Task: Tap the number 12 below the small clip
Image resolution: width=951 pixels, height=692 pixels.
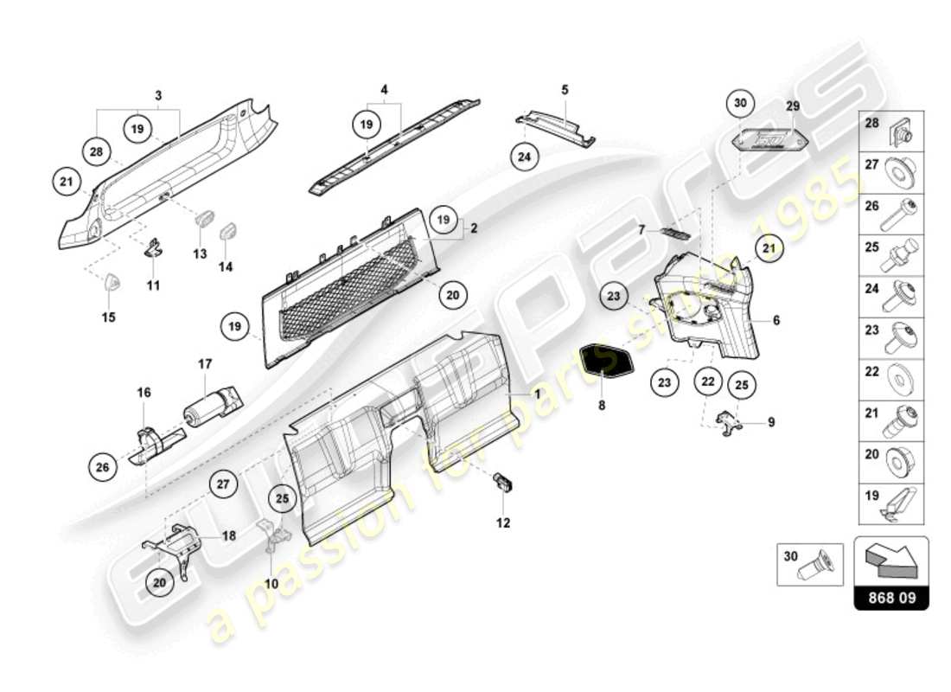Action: pyautogui.click(x=503, y=522)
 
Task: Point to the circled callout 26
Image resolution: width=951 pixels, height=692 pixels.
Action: pyautogui.click(x=103, y=468)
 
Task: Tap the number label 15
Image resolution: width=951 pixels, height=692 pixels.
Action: pyautogui.click(x=108, y=317)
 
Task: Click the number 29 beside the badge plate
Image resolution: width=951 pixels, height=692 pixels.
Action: pyautogui.click(x=793, y=105)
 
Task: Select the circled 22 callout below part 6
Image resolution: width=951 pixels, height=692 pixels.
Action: pyautogui.click(x=708, y=381)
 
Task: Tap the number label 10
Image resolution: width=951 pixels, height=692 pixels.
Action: pyautogui.click(x=271, y=584)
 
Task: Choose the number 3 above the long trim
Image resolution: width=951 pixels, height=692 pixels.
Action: pyautogui.click(x=158, y=93)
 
